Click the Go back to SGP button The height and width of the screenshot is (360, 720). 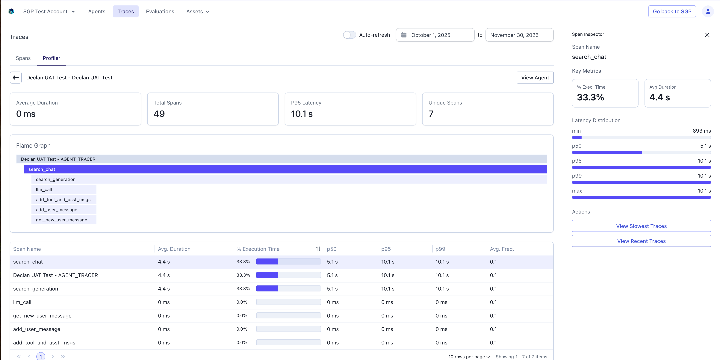[672, 11]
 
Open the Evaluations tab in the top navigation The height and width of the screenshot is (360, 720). [160, 11]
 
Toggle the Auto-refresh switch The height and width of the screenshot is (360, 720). [349, 35]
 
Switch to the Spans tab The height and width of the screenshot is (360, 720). [23, 58]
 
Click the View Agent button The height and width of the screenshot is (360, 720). [535, 78]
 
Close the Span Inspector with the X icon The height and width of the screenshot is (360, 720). [707, 35]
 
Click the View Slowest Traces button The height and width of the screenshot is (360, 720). [641, 226]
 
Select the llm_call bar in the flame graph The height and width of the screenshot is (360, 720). [64, 190]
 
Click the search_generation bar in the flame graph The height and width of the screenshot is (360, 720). [289, 179]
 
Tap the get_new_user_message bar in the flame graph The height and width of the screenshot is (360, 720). [64, 220]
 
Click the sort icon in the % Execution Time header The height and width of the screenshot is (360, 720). [318, 249]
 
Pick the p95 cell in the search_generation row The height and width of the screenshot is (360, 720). [388, 289]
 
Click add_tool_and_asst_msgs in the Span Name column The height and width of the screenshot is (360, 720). [44, 343]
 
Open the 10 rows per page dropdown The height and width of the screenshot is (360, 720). [469, 357]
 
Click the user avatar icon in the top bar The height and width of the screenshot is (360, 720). [708, 11]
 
